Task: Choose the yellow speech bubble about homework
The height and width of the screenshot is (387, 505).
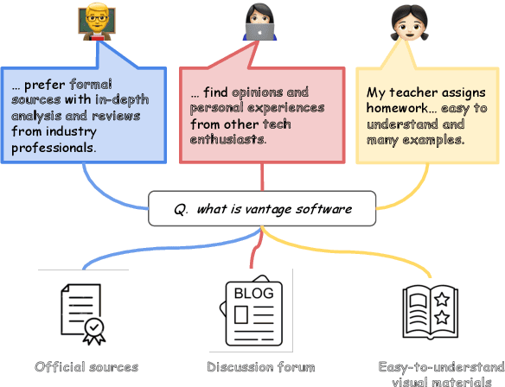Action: click(x=427, y=116)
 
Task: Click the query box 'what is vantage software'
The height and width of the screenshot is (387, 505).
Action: click(x=262, y=209)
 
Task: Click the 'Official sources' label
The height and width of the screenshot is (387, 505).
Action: click(x=86, y=367)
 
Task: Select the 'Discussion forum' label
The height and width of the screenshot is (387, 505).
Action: click(x=261, y=367)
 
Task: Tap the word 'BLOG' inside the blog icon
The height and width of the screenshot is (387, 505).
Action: click(x=253, y=294)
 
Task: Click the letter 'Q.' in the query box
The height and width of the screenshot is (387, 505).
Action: click(x=181, y=209)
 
